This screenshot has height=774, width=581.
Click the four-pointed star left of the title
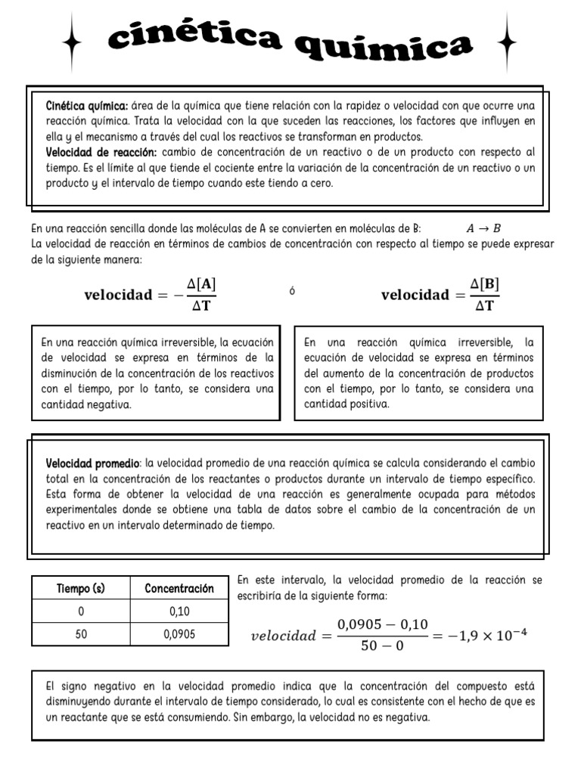pyautogui.click(x=73, y=44)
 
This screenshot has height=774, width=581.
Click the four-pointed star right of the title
pyautogui.click(x=508, y=44)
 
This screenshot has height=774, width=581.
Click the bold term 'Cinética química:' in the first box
pyautogui.click(x=87, y=105)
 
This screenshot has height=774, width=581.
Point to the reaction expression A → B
pyautogui.click(x=483, y=228)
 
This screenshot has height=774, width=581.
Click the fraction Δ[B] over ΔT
pyautogui.click(x=484, y=295)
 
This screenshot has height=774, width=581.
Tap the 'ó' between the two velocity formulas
pyautogui.click(x=292, y=291)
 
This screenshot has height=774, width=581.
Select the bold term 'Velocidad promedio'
pyautogui.click(x=93, y=463)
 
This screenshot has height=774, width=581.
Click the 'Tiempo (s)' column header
pyautogui.click(x=81, y=589)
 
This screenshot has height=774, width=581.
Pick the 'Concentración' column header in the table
pyautogui.click(x=179, y=589)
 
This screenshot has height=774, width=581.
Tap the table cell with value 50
pyautogui.click(x=81, y=634)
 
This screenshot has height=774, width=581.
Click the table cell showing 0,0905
pyautogui.click(x=179, y=634)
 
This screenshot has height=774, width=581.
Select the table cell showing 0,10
pyautogui.click(x=179, y=611)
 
